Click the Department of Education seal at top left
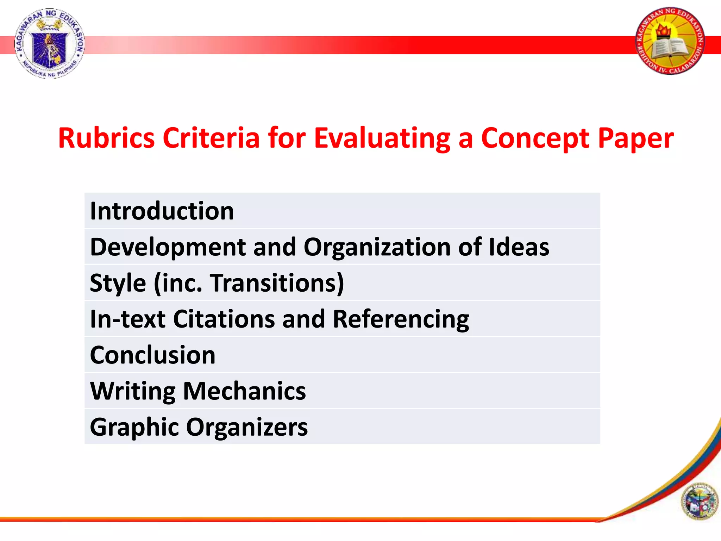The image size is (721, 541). (50, 43)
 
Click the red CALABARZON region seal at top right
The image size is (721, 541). (670, 41)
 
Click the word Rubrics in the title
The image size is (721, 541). (106, 138)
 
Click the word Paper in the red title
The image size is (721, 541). (636, 138)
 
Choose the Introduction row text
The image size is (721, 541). (162, 211)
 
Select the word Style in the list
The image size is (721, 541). (118, 283)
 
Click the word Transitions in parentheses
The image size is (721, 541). (273, 283)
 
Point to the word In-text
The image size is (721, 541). (127, 319)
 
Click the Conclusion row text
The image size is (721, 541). (152, 355)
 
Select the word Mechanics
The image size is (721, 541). (244, 391)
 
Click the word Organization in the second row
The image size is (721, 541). (377, 247)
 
